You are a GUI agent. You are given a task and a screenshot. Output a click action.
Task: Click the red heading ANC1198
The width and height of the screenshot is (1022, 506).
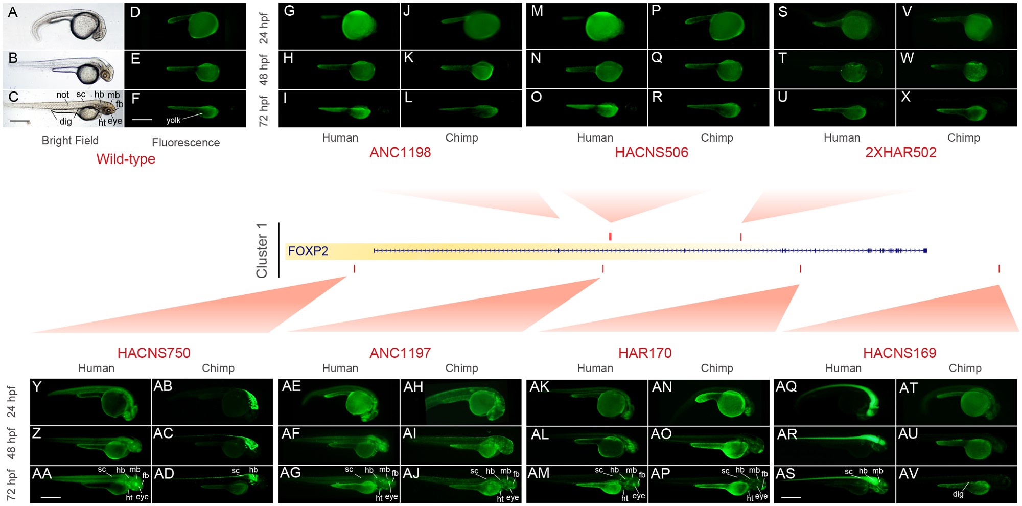400,152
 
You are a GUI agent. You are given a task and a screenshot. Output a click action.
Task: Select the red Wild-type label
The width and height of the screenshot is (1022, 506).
126,159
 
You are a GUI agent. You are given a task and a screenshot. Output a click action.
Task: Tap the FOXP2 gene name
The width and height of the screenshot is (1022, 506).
308,251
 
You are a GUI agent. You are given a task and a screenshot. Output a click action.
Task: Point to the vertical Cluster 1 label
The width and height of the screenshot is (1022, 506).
262,250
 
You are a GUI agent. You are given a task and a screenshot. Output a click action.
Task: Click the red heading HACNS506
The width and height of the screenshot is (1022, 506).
652,152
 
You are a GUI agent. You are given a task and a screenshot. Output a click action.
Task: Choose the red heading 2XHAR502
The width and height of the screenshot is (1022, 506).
901,152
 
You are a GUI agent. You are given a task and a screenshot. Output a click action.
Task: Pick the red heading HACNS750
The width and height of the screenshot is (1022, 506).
154,353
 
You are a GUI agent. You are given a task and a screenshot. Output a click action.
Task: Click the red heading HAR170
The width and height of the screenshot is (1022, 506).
645,353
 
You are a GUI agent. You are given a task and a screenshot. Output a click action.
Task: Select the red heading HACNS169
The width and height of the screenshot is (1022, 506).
899,353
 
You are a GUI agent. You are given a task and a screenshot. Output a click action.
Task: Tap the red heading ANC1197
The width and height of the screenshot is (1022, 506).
400,353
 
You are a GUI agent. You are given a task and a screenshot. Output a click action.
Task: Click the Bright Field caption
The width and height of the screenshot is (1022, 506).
70,141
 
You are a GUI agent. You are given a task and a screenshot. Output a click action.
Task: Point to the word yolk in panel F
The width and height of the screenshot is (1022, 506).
173,120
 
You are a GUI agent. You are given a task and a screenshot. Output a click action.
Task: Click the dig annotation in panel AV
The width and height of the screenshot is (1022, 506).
958,494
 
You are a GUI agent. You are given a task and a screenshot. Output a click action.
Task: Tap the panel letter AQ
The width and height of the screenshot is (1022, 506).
786,386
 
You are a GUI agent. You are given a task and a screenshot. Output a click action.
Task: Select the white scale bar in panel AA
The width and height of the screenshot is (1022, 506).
51,496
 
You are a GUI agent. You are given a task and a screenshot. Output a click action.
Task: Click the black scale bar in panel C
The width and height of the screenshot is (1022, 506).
19,122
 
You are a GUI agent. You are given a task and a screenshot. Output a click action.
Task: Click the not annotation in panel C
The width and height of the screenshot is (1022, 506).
62,95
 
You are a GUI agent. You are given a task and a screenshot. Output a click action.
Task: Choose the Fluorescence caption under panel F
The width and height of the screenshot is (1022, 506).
186,143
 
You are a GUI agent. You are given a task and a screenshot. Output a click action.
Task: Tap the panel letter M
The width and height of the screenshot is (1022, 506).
537,11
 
